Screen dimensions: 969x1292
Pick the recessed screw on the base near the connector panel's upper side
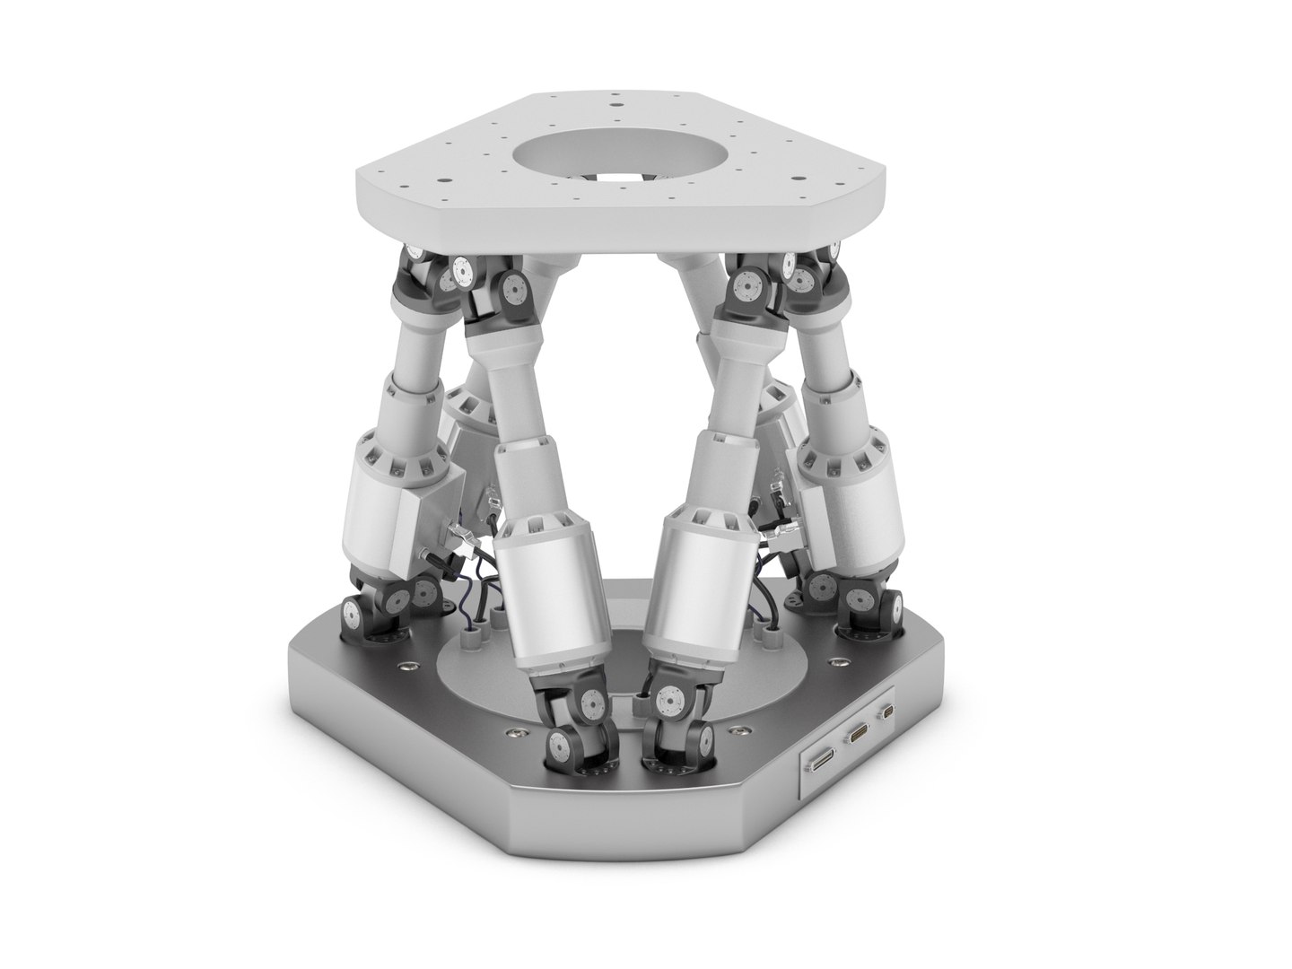coord(835,661)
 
